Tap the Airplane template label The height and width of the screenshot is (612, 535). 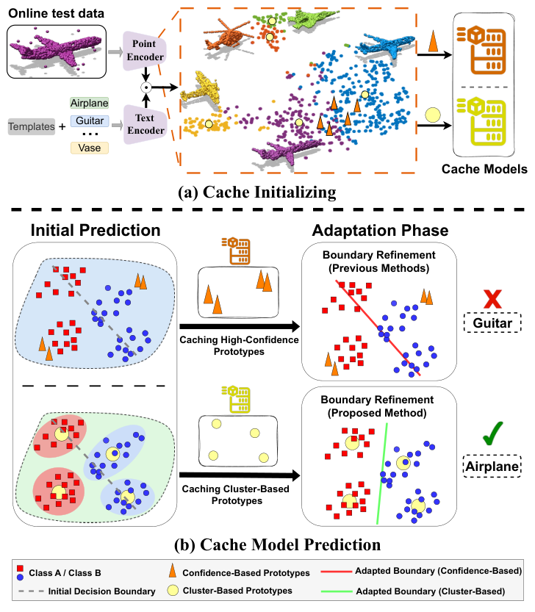[90, 103]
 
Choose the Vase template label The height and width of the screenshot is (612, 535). [90, 148]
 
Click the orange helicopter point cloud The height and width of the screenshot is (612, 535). [226, 33]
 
